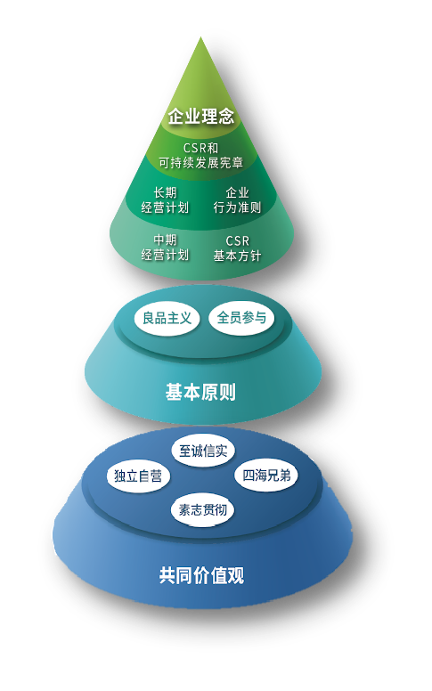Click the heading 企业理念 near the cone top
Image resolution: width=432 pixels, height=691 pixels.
pos(201,117)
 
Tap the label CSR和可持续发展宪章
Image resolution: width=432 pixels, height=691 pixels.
pos(201,156)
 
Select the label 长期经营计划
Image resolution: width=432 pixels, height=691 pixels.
pos(165,200)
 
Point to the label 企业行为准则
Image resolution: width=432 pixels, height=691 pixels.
pos(237,200)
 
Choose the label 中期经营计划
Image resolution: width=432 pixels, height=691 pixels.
pos(165,248)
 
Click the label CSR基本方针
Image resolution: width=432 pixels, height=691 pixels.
pos(237,248)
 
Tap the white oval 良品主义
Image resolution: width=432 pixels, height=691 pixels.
pos(167,318)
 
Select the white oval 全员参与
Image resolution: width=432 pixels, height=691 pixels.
pos(241,318)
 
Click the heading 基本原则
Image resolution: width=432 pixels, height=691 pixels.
pos(201,392)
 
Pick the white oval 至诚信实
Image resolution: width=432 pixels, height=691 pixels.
pos(203,451)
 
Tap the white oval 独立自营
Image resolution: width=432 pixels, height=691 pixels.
pos(138,476)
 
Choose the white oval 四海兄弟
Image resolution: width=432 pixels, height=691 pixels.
pos(266,476)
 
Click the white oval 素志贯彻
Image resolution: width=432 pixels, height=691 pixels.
pos(203,510)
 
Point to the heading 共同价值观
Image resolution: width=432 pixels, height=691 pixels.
pos(201,575)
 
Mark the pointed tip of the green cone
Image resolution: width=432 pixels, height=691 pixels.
pos(201,37)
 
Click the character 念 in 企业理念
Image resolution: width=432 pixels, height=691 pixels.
pos(226,117)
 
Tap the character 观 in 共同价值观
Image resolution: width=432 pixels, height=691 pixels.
pos(236,575)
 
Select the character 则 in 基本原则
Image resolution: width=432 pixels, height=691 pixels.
pos(228,392)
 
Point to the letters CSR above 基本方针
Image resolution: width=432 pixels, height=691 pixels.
pos(237,241)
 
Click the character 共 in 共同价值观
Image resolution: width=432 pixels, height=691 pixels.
pos(167,575)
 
